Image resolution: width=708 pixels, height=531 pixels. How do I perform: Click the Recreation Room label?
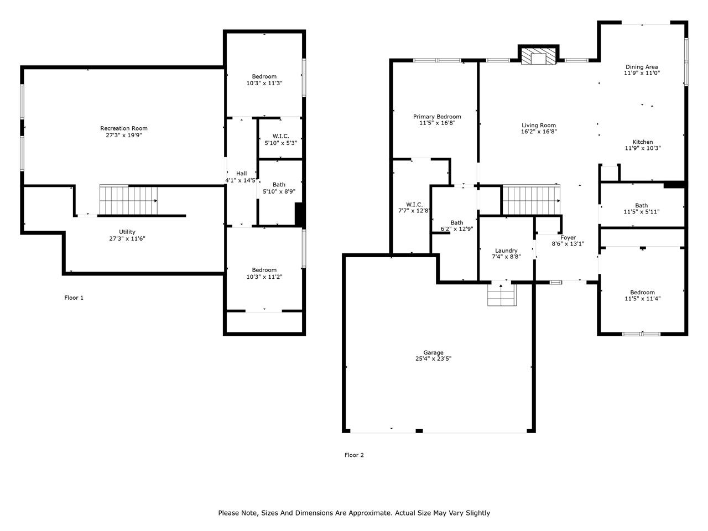(124, 128)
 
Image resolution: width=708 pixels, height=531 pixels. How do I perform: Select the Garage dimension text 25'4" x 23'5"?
(433, 359)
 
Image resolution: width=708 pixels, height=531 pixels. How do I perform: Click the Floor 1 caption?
(74, 298)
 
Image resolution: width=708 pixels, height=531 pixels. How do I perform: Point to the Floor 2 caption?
(354, 455)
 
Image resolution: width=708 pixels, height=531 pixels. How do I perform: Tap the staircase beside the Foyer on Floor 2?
(530, 199)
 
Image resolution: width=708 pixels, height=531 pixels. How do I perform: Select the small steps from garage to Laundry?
(501, 294)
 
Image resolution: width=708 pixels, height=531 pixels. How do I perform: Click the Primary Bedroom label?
(437, 117)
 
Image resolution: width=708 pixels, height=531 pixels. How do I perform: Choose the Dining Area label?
(642, 67)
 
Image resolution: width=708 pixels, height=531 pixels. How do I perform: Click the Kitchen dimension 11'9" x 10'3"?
(642, 148)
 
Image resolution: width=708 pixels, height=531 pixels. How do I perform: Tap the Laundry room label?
(506, 251)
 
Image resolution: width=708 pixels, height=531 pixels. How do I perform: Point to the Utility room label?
(127, 232)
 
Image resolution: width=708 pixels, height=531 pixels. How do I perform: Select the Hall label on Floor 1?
(241, 173)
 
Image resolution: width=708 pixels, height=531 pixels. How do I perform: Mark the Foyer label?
(568, 237)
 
